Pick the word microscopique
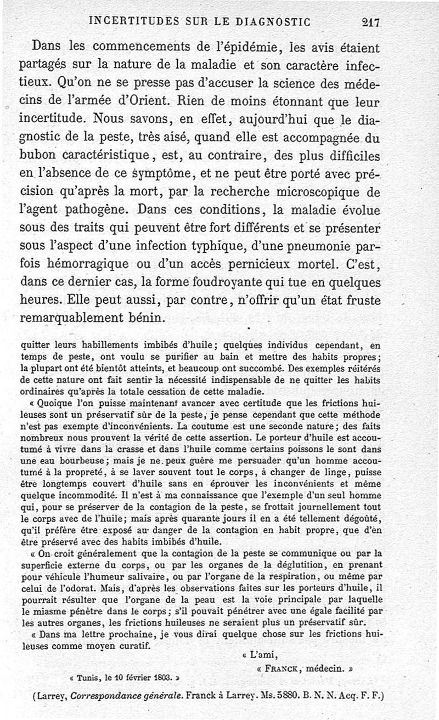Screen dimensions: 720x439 tap(314, 192)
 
